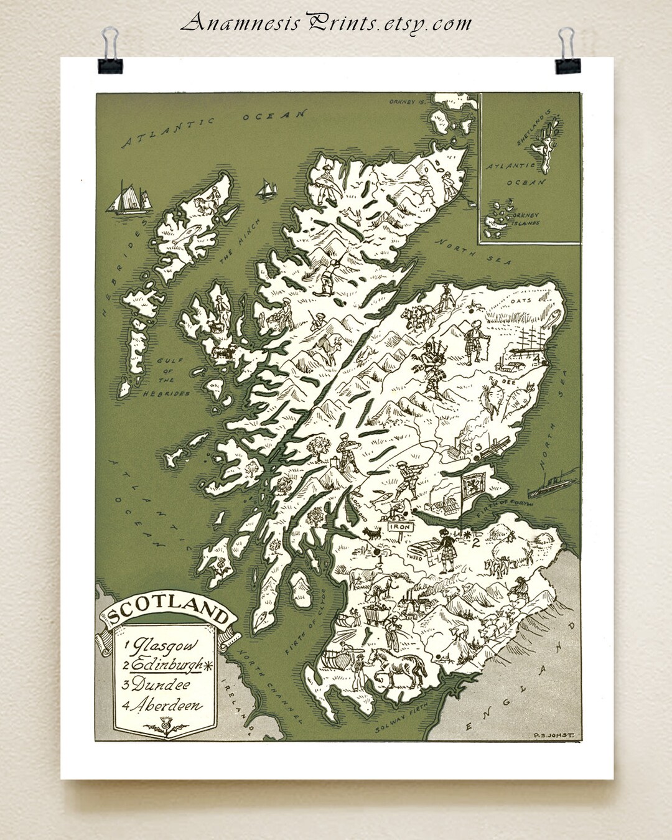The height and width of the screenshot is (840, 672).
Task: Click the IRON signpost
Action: click(x=401, y=526)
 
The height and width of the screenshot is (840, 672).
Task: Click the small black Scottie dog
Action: click(x=374, y=534)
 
